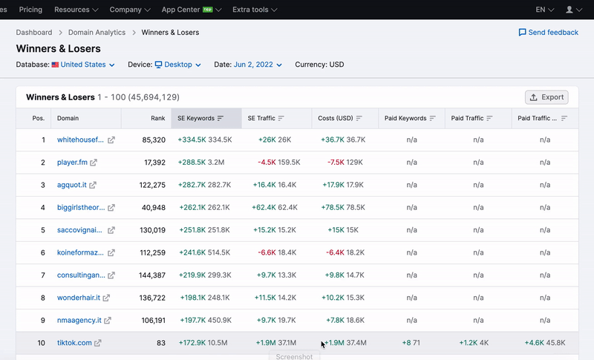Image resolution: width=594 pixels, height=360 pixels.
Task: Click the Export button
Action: click(546, 97)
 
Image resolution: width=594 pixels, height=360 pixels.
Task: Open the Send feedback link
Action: click(549, 33)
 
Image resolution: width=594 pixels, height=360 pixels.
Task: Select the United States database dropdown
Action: click(83, 65)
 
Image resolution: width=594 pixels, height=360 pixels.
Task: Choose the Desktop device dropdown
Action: click(177, 65)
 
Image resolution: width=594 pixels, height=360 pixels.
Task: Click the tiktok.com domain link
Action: click(74, 343)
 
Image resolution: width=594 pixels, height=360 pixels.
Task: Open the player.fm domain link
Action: click(73, 162)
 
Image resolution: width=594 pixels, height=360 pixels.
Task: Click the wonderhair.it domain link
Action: click(78, 298)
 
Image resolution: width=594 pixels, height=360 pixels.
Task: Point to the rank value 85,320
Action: click(152, 140)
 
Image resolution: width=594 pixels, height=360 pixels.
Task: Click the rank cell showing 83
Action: click(160, 343)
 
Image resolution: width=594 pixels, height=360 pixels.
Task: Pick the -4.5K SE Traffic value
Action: click(267, 162)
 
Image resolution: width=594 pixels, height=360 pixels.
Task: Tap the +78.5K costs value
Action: click(332, 207)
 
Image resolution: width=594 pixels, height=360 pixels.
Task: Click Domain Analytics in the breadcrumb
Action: click(97, 33)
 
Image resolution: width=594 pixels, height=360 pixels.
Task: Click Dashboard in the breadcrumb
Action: click(34, 33)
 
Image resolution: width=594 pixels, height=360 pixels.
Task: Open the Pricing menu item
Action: click(30, 10)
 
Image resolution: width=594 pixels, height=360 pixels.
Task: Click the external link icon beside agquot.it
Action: click(93, 185)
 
